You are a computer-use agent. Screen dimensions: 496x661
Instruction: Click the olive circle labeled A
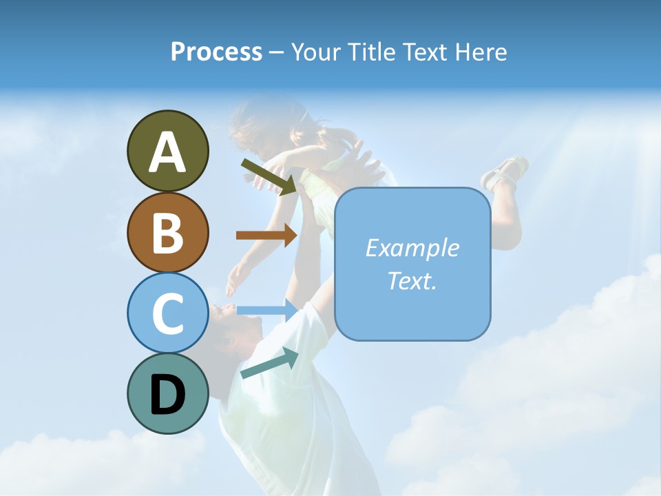[167, 151]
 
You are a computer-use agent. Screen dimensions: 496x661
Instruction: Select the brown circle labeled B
[167, 232]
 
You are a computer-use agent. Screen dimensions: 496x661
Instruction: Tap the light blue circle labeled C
[167, 313]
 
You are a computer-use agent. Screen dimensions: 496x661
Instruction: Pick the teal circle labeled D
[167, 394]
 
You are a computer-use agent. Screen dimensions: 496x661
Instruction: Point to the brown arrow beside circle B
[266, 235]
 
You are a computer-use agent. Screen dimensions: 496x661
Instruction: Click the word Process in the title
[216, 52]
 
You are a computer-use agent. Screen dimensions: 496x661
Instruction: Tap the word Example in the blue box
[412, 248]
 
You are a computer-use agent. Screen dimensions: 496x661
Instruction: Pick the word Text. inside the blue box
[412, 280]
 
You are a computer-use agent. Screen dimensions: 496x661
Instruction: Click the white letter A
[167, 152]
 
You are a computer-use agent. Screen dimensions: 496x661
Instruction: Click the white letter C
[167, 314]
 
